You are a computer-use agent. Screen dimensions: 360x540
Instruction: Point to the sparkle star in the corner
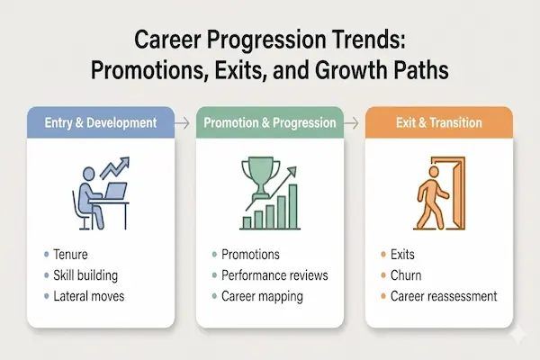515,335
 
